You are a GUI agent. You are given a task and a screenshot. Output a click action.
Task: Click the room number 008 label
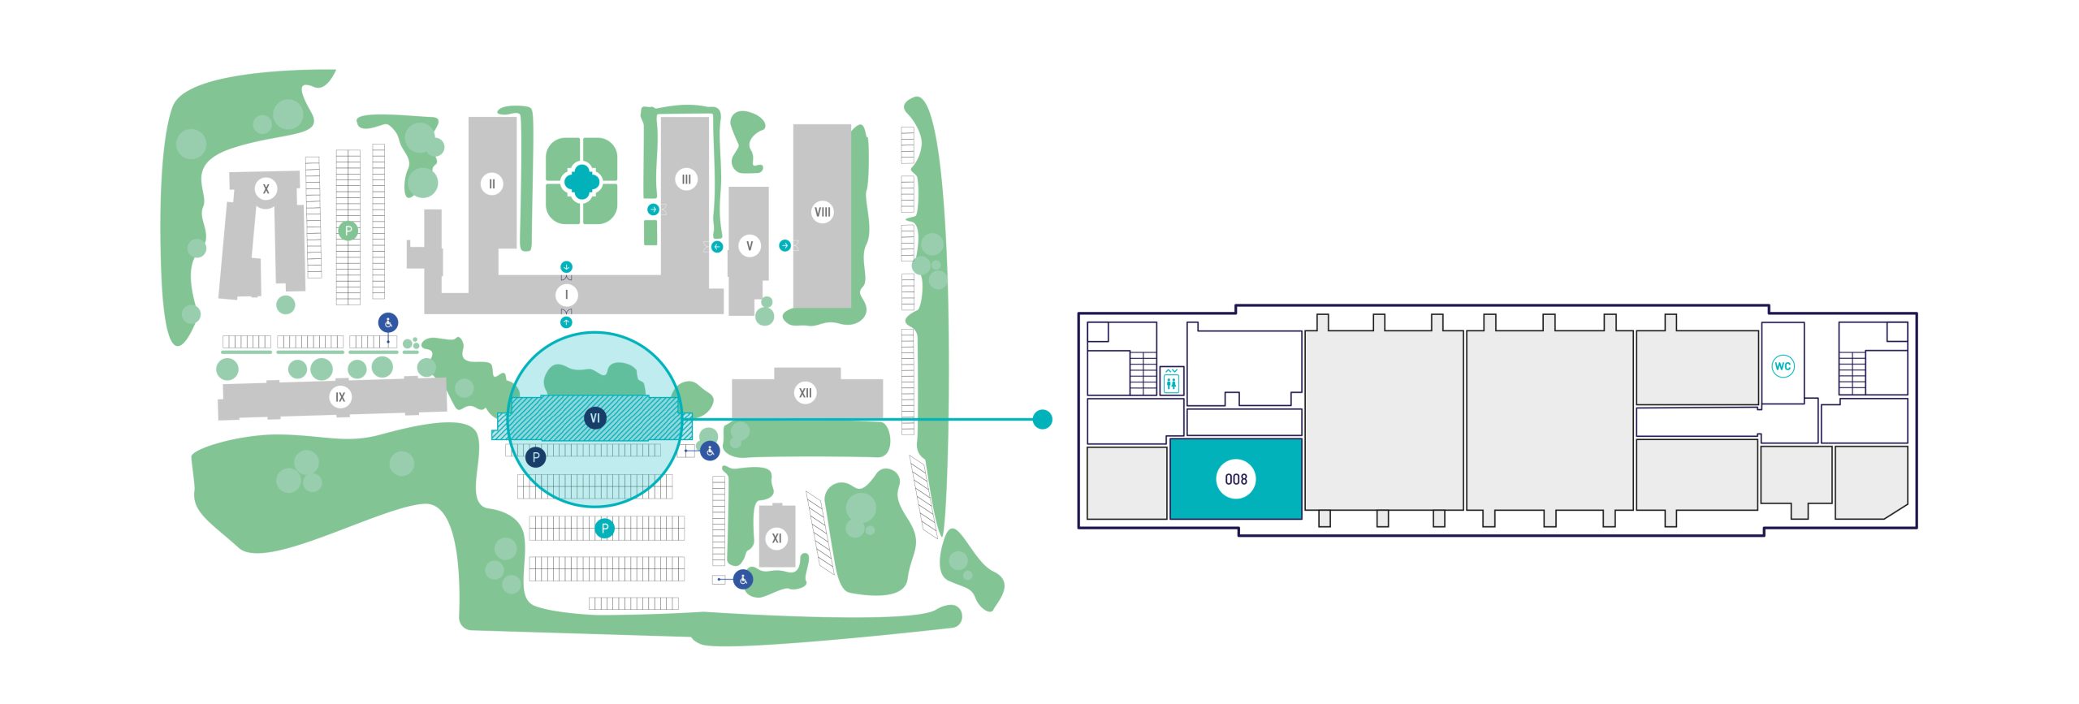coord(1235,479)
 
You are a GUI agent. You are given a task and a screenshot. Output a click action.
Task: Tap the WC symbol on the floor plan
coord(1782,366)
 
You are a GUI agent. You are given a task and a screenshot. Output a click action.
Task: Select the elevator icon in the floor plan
coord(1171,380)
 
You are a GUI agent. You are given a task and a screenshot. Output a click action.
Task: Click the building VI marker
coord(595,418)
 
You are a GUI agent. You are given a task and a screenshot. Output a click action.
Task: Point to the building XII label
coord(805,393)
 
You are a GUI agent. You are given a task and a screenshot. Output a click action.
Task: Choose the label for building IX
coord(340,397)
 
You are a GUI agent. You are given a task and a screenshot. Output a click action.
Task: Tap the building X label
coord(266,189)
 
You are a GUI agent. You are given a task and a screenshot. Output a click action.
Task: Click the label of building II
coord(491,184)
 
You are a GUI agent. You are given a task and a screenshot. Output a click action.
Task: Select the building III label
coord(686,179)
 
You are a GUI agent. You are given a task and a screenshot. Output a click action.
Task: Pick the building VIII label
coord(823,213)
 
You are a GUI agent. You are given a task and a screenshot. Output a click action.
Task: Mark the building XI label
coord(776,538)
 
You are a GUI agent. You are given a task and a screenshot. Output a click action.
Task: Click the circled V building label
coord(750,246)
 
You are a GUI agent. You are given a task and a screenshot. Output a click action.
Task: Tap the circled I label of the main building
coord(566,295)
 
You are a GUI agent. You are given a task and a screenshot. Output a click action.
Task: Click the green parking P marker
coord(348,231)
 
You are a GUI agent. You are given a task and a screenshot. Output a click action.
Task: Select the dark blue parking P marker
coord(536,457)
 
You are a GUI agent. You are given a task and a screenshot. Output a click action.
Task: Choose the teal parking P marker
coord(604,529)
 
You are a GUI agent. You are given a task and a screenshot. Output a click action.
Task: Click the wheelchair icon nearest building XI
coord(743,579)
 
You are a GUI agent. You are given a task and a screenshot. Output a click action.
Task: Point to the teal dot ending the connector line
coord(1042,419)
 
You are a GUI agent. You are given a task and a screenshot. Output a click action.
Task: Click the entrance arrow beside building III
coord(653,209)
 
